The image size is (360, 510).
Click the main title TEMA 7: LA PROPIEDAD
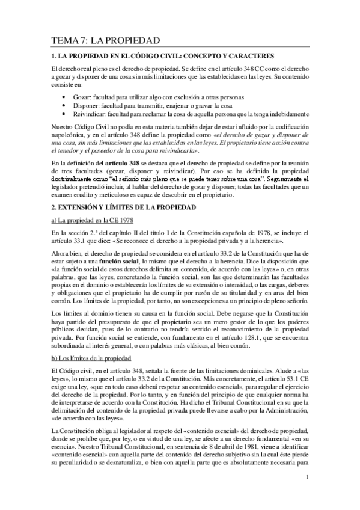[105, 41]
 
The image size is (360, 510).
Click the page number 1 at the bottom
[307, 478]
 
